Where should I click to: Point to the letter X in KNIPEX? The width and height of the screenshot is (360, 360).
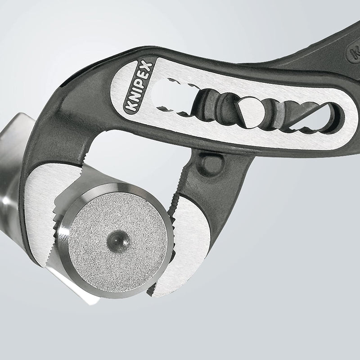tap(149, 66)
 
